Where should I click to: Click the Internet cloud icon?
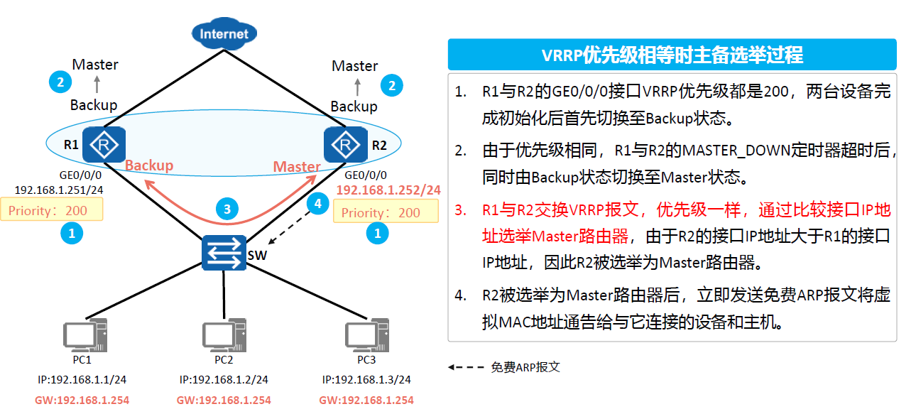(224, 33)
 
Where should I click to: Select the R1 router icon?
(104, 145)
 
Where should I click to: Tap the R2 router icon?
(345, 145)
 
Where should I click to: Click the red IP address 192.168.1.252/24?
(388, 190)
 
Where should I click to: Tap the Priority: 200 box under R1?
(52, 210)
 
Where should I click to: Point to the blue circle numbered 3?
(227, 209)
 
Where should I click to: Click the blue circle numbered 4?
(317, 204)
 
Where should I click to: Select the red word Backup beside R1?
(149, 165)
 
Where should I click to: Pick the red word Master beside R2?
(297, 166)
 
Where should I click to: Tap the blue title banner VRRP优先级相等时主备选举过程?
(672, 55)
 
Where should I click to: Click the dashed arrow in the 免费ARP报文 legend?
(466, 367)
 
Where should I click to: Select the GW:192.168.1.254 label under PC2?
(224, 401)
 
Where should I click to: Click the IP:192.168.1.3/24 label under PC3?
(366, 380)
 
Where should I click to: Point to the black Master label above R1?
(95, 65)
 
